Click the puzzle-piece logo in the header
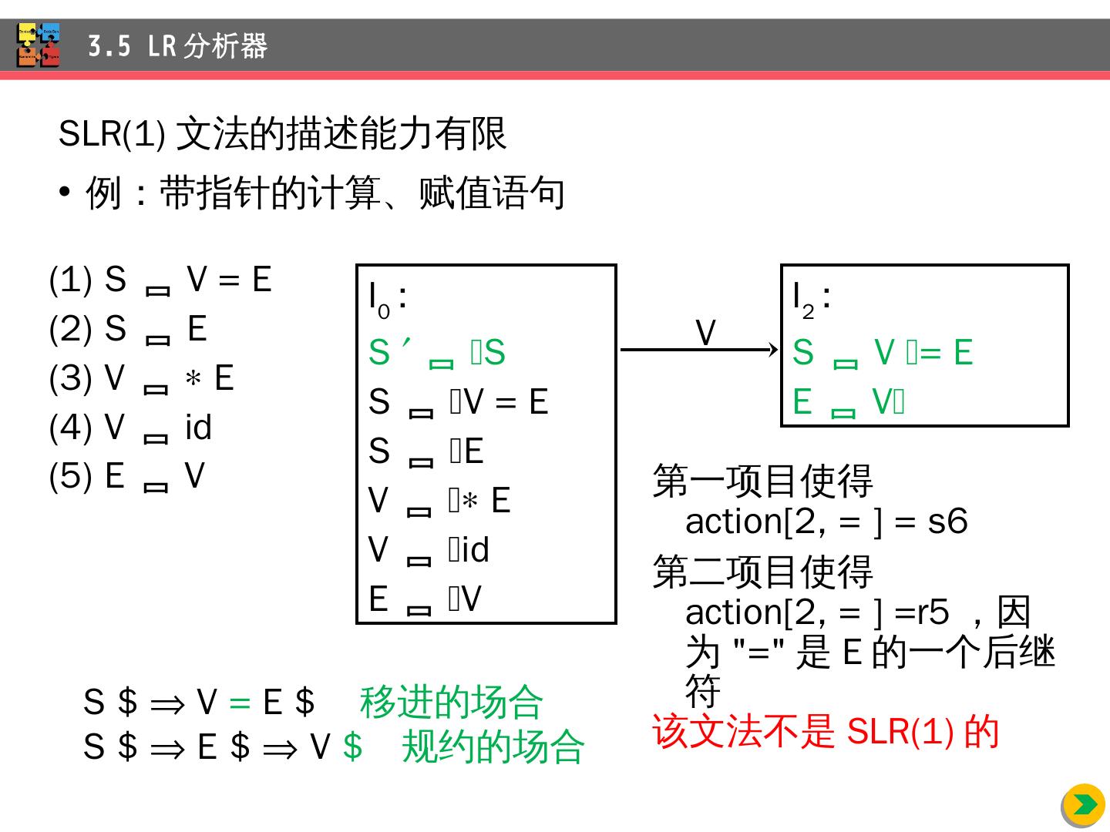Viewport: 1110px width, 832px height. click(38, 45)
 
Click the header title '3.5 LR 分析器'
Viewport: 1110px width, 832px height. click(177, 46)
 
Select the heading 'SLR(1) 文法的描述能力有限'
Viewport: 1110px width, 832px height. click(282, 134)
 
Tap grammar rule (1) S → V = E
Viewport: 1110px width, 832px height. click(160, 280)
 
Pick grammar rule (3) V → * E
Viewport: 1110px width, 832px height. click(141, 378)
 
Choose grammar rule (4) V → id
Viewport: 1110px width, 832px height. click(130, 428)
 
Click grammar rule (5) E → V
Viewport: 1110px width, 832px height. click(127, 476)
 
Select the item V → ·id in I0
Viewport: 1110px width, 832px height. click(429, 550)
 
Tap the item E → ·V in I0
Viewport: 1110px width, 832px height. click(425, 599)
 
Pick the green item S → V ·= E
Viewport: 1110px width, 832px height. click(883, 353)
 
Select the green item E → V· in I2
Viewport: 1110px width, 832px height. click(849, 402)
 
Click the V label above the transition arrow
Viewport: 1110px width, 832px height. click(705, 334)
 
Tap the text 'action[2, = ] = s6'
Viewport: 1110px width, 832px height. click(826, 522)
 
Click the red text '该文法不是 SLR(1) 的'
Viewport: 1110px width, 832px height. click(826, 732)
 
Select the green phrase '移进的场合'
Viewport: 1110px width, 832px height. click(452, 702)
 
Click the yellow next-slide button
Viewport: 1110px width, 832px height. click(1085, 805)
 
